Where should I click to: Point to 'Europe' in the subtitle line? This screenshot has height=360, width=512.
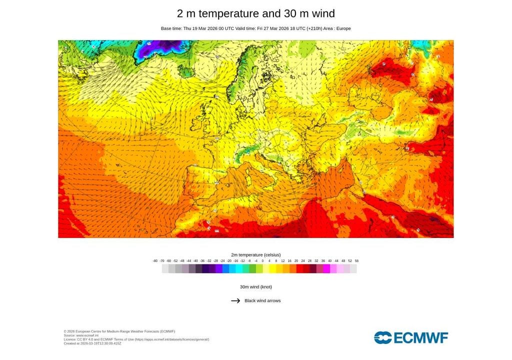tap(343, 28)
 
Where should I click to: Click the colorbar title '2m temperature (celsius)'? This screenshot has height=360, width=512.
tap(256, 255)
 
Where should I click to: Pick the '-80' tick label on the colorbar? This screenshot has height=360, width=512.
tap(155, 261)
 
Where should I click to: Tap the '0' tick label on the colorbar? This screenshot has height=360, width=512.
tap(262, 261)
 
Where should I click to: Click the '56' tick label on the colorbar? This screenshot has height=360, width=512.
tap(356, 261)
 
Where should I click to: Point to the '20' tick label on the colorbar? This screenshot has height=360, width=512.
tap(296, 261)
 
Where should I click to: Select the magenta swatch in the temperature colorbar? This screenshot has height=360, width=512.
tap(326, 268)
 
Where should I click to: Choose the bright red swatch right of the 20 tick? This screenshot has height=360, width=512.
tap(299, 268)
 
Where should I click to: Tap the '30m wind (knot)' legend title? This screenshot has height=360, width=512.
tap(256, 287)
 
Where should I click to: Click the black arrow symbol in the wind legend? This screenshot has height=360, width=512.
tap(235, 301)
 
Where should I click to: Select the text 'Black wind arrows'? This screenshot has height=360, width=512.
tap(262, 301)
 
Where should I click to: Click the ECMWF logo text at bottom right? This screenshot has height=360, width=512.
tap(421, 338)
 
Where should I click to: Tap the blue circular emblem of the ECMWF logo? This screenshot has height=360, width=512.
tap(382, 338)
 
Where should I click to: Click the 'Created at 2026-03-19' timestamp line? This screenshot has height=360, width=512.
tap(92, 343)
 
